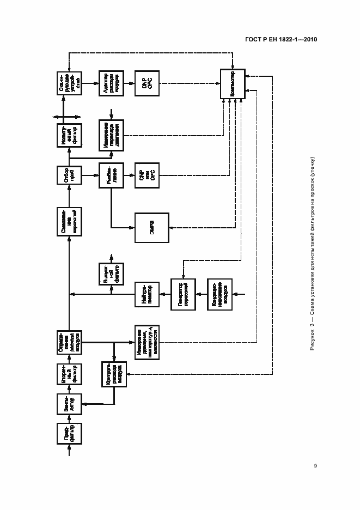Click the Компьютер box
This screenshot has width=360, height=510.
(x=233, y=84)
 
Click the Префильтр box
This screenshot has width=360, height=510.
(x=69, y=434)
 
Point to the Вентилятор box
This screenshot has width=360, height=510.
(x=69, y=403)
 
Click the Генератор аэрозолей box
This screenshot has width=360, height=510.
(x=182, y=294)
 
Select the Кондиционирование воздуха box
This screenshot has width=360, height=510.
(x=220, y=294)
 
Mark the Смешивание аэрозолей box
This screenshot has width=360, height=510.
(x=69, y=221)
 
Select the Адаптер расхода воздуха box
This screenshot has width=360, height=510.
(x=111, y=84)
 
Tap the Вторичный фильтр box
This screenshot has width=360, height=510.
(x=69, y=373)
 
